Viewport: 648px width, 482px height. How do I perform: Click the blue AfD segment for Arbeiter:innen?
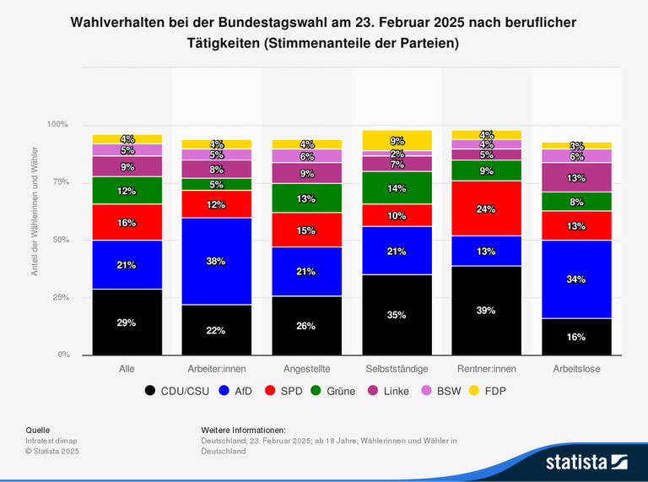point(216,261)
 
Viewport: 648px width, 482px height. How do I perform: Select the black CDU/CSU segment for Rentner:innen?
point(486,311)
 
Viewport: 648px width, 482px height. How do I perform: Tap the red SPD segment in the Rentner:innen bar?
point(486,209)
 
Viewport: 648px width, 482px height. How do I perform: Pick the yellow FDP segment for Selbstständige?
point(397,140)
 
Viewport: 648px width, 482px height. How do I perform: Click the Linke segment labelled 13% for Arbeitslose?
point(576,177)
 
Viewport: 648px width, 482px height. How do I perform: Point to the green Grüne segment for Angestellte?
point(306,198)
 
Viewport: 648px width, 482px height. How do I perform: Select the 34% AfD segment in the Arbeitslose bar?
point(576,279)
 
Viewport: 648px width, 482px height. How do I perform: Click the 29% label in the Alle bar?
point(127,322)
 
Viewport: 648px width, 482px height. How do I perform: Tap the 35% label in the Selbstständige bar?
point(397,315)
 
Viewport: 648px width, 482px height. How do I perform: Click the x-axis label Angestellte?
point(306,369)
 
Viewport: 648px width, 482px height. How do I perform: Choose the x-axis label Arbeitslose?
point(576,369)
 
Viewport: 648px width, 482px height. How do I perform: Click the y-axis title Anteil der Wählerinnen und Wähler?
point(35,240)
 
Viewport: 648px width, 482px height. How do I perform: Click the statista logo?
point(586,462)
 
